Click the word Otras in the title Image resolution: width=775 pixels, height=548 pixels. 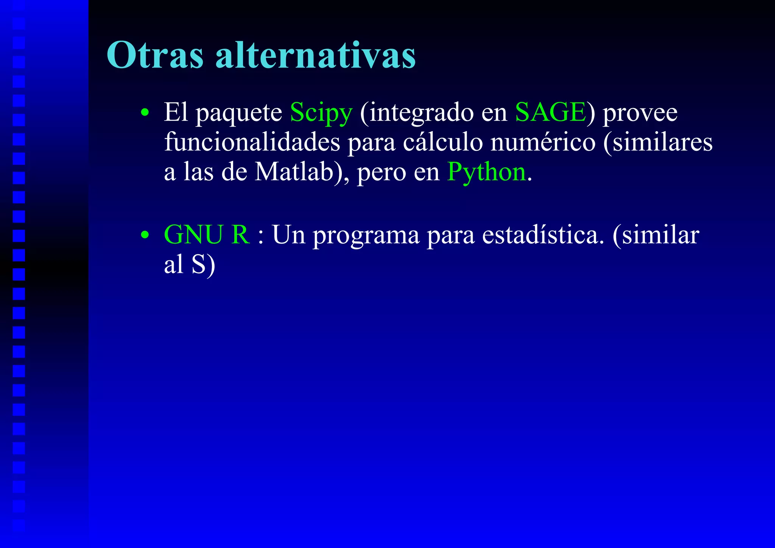pos(155,56)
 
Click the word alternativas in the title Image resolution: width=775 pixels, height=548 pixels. pos(316,56)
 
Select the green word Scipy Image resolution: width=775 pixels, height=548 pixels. pos(321,113)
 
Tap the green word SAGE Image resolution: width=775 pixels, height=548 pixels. pos(551,112)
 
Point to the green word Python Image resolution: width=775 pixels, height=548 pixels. pos(487,172)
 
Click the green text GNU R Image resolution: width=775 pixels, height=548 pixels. pos(207,235)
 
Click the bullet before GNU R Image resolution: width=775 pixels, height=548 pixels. pos(145,235)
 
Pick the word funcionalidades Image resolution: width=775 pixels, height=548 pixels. pos(252,142)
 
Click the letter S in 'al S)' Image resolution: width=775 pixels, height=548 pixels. pos(198,264)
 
